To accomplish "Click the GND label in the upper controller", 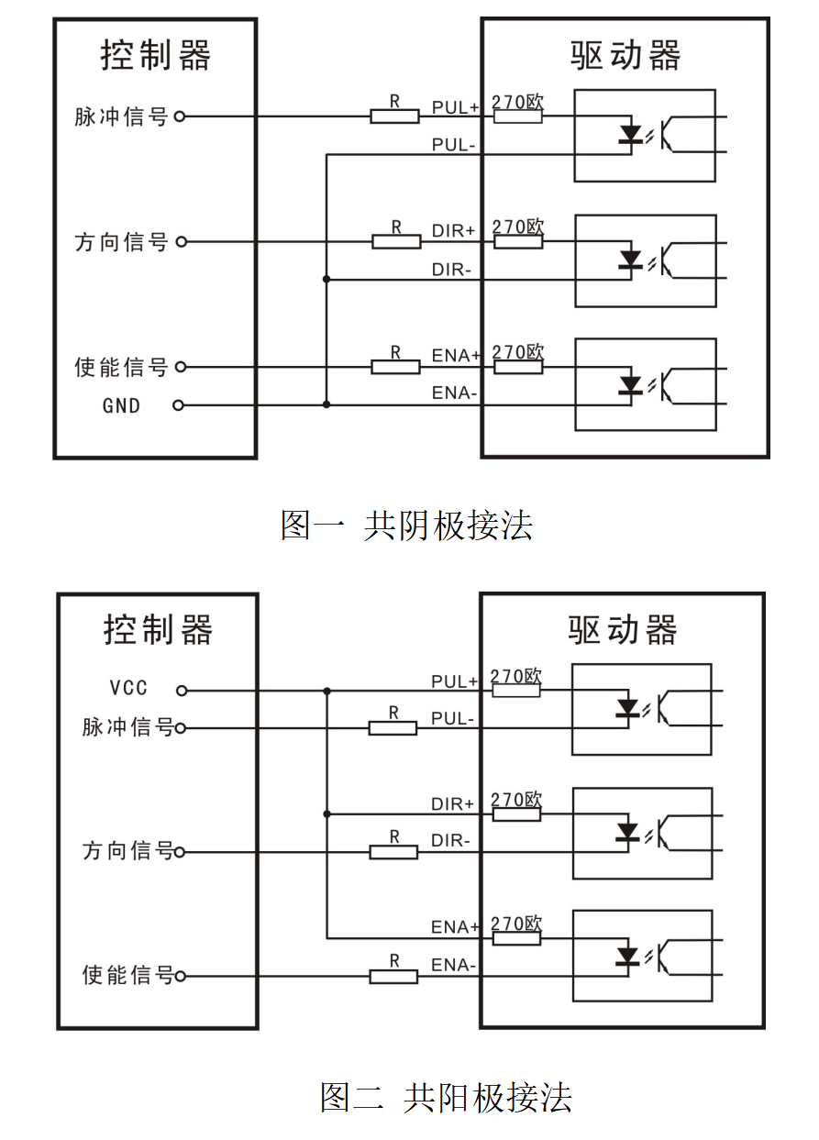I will click(x=121, y=405).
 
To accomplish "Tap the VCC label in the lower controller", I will click(x=128, y=689).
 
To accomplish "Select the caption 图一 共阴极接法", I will click(x=406, y=526).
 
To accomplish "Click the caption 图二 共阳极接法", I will click(x=446, y=1097).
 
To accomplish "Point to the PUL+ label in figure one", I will click(x=455, y=107).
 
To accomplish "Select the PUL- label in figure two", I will click(x=452, y=718).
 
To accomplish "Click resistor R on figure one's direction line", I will click(x=396, y=242).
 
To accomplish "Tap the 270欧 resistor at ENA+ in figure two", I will click(x=516, y=938).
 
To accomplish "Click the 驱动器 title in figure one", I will click(x=625, y=57).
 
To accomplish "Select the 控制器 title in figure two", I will click(x=158, y=630).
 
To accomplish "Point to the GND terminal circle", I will click(x=179, y=405).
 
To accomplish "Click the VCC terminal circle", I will click(x=182, y=690).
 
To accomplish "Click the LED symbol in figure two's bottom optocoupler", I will click(x=627, y=957).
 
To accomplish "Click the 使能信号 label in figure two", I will click(x=127, y=975).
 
